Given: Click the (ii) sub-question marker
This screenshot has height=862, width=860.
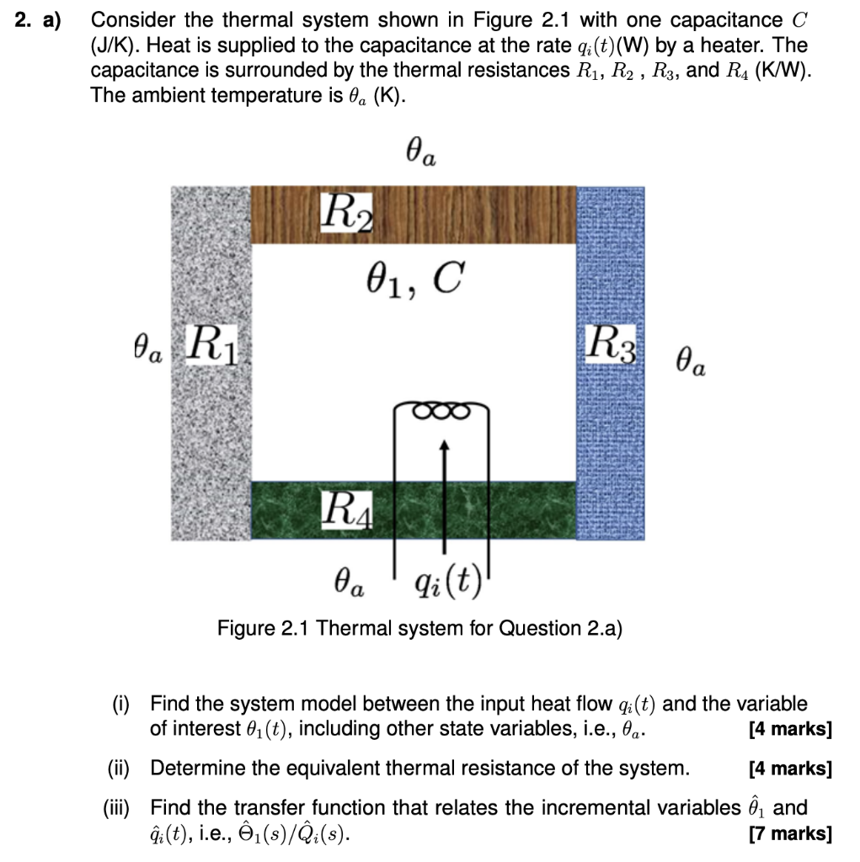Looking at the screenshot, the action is pos(120,768).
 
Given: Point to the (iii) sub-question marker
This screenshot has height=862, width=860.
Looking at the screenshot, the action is pos(117,808).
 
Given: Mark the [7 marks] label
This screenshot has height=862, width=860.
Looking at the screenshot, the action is pos(789,833).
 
